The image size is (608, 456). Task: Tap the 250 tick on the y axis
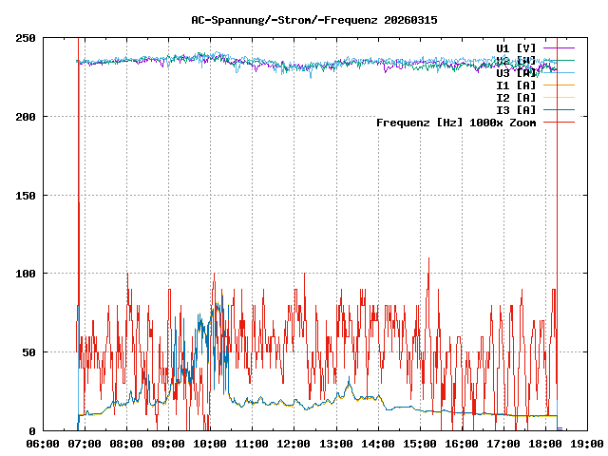26,38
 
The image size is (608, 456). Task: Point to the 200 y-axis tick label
26,117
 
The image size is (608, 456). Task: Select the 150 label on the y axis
26,195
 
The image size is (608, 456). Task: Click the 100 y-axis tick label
26,274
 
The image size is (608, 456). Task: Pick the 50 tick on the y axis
29,352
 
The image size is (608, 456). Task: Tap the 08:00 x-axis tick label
126,443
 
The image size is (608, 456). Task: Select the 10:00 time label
210,443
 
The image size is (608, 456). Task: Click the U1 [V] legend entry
516,47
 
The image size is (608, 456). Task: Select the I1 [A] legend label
516,85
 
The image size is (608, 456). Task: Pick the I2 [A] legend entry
516,97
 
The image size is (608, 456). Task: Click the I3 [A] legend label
516,109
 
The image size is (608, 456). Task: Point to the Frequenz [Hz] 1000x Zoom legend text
456,123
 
